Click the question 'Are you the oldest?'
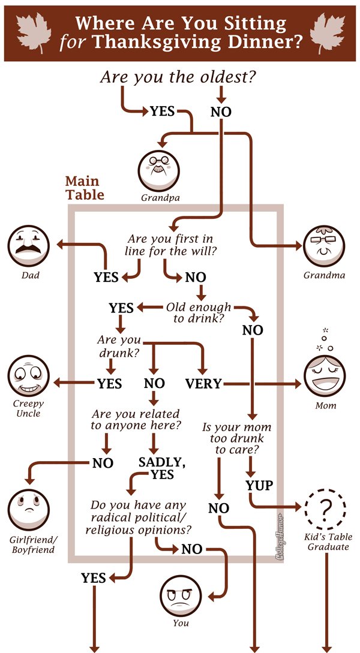coord(178,77)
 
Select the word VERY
coord(203,384)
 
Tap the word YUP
coord(259,485)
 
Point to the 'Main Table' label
coord(84,188)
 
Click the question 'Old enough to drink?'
coord(199,312)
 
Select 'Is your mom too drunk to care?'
coord(236,438)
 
